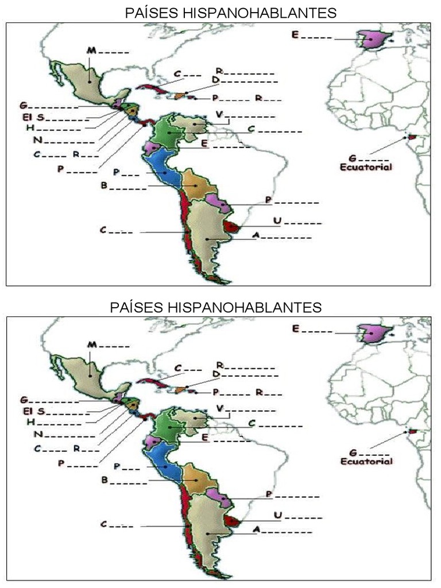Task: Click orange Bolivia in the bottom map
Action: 197,481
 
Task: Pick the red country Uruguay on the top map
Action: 231,226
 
